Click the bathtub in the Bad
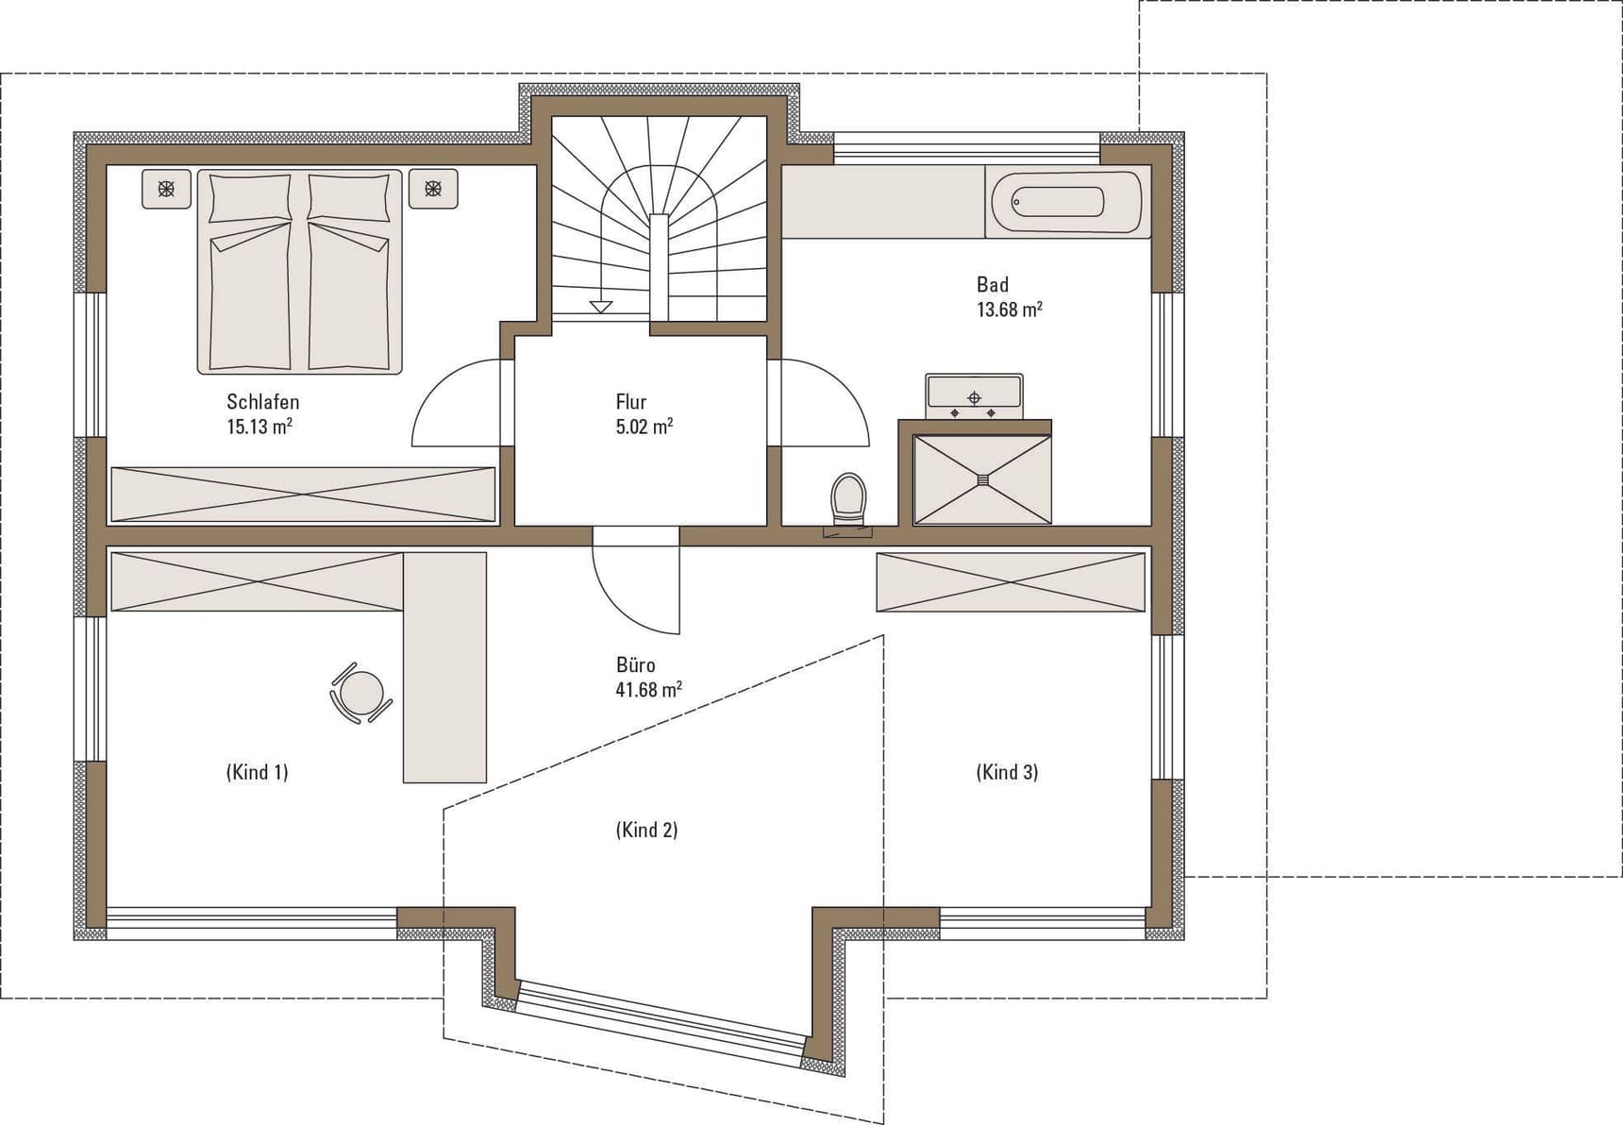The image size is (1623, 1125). [1067, 202]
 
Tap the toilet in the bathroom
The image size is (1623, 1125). [847, 499]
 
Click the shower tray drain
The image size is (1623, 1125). [982, 479]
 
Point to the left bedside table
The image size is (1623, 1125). [166, 189]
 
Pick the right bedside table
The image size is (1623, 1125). [433, 189]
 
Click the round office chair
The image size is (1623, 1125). [360, 694]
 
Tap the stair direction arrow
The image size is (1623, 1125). [601, 307]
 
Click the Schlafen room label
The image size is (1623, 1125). [263, 402]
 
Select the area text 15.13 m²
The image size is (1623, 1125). [259, 427]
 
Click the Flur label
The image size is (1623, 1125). [631, 402]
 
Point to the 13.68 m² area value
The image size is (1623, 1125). [1010, 310]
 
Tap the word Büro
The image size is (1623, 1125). [636, 665]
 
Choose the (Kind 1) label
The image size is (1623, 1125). [258, 772]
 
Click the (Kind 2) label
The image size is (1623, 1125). [647, 831]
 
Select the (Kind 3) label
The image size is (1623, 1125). [1007, 772]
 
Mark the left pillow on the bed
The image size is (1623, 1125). [250, 198]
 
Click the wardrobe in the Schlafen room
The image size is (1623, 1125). [303, 495]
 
